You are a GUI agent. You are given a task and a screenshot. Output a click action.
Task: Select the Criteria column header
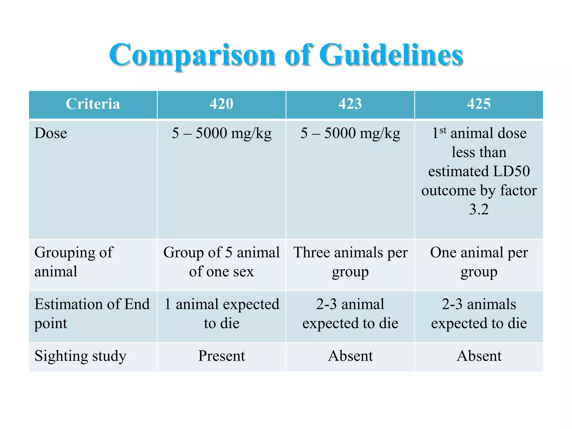click(x=93, y=104)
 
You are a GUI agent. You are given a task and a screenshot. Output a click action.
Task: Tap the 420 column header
click(x=221, y=104)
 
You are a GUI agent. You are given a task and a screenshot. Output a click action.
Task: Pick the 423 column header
click(x=350, y=104)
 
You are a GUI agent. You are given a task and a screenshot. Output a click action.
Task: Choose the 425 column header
click(x=479, y=104)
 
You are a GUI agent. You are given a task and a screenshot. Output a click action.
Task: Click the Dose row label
click(x=51, y=133)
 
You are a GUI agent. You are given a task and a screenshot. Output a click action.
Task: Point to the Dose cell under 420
click(x=221, y=133)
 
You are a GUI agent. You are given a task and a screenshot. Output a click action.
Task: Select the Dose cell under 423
click(x=350, y=133)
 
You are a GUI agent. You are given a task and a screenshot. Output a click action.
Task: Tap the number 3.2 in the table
click(x=479, y=209)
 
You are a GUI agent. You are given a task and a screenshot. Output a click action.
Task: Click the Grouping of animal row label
click(x=74, y=262)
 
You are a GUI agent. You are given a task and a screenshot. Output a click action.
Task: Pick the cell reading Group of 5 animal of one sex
click(x=221, y=262)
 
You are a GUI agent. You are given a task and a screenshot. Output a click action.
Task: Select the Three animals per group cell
click(x=350, y=262)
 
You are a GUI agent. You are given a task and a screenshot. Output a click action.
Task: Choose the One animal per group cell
click(x=479, y=262)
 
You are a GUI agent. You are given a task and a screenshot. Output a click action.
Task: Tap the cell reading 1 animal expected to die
click(x=221, y=313)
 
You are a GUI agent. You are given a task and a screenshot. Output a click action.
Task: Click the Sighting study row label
click(x=80, y=356)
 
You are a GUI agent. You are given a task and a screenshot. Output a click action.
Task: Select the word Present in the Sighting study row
click(x=221, y=356)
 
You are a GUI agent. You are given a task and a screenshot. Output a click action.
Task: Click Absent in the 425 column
click(x=479, y=356)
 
